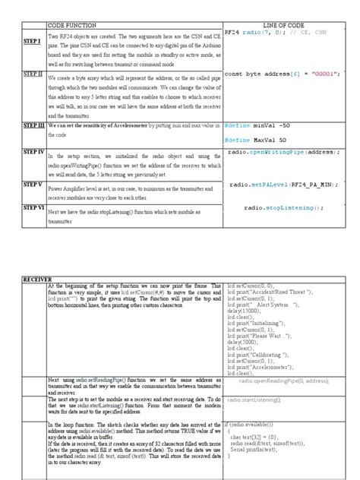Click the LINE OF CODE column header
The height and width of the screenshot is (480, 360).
282,26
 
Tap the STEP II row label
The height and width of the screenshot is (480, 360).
33,74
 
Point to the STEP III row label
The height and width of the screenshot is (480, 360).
33,124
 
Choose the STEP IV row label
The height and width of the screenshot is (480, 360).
33,153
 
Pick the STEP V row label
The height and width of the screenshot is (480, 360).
33,184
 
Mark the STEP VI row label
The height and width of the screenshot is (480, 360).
33,207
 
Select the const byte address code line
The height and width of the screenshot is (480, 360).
281,74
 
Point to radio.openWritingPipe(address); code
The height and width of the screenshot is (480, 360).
283,153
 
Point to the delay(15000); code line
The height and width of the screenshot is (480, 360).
245,310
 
